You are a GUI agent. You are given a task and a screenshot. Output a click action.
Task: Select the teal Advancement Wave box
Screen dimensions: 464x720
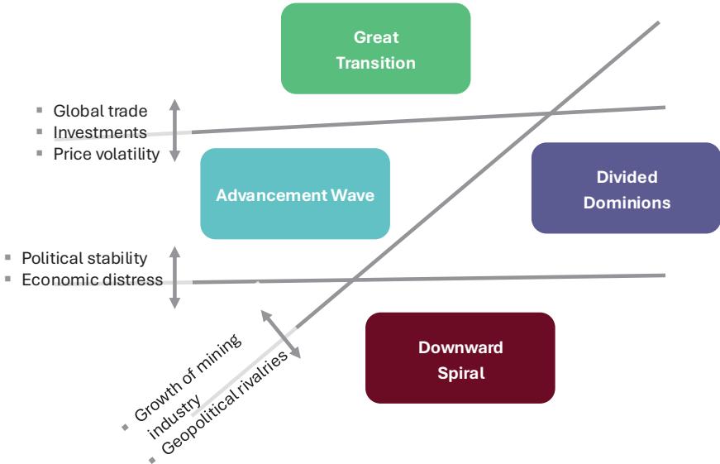click(294, 194)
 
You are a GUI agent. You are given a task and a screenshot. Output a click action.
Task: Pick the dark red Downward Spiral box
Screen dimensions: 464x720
click(460, 358)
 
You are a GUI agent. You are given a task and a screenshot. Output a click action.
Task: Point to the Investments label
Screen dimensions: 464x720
click(100, 132)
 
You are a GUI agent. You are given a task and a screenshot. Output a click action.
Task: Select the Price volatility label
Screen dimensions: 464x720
click(107, 153)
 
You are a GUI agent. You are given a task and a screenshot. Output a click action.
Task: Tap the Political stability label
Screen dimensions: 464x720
click(84, 257)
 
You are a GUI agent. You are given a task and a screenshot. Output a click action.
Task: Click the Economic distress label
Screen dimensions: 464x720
click(92, 280)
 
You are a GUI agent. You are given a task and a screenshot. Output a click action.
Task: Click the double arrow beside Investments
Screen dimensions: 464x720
click(174, 129)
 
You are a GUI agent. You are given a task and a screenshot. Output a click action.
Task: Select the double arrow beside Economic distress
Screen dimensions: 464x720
click(174, 276)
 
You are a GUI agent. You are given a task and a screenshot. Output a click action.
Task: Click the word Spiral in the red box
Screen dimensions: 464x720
click(460, 373)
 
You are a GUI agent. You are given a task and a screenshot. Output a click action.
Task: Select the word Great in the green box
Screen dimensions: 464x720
click(376, 37)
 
